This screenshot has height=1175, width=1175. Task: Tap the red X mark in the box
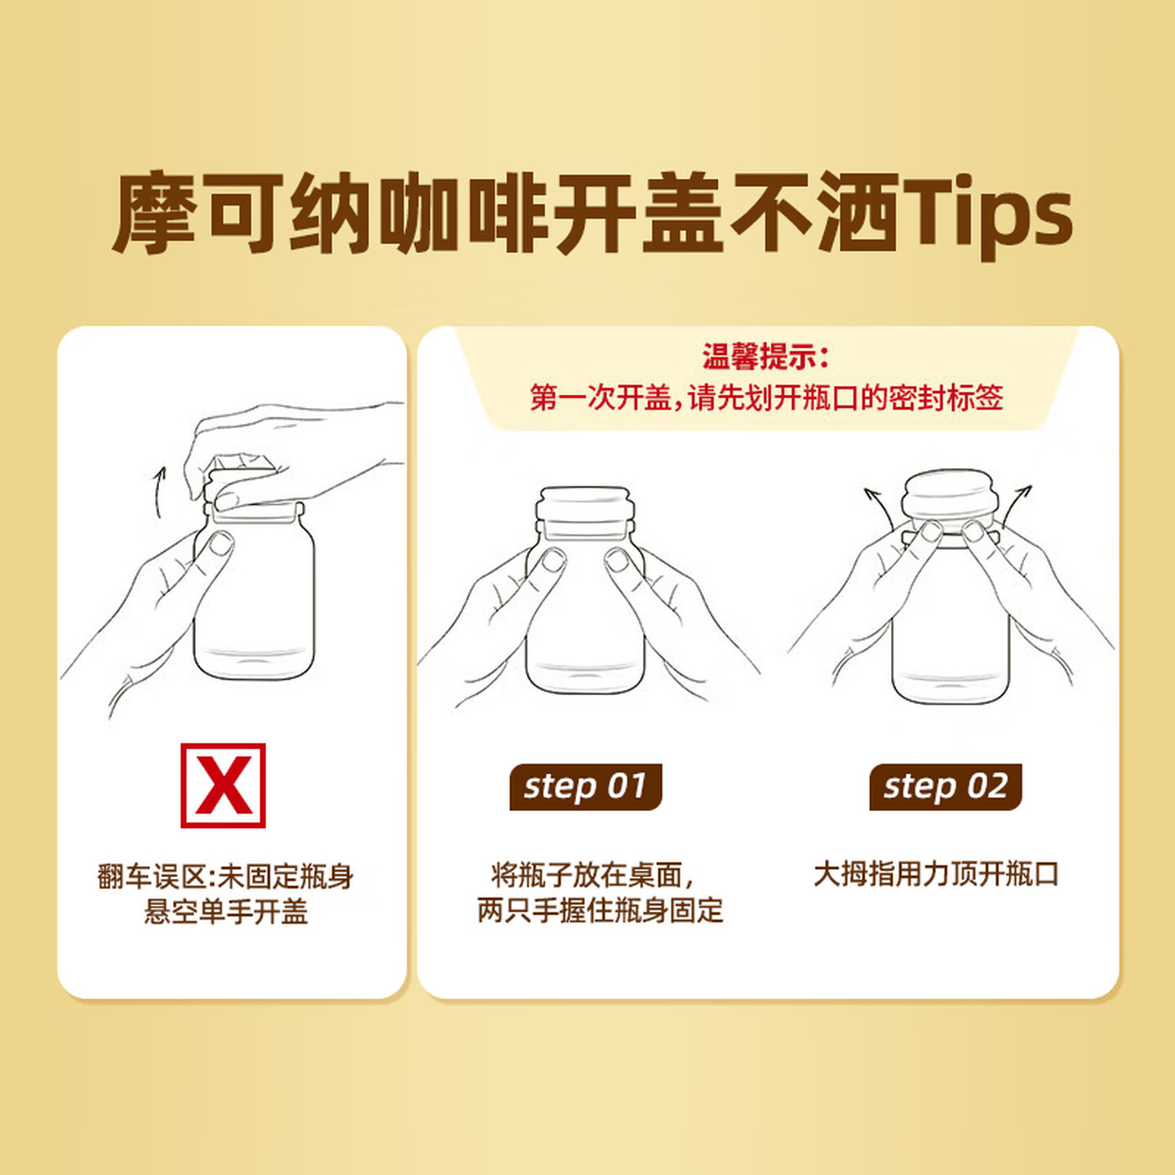click(224, 786)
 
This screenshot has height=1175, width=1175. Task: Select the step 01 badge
click(585, 787)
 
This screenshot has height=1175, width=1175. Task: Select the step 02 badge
click(946, 787)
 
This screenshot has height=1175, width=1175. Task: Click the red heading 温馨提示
click(765, 357)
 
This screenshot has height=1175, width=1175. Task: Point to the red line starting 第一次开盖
click(766, 397)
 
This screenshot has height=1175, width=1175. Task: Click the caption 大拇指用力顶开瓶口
click(937, 874)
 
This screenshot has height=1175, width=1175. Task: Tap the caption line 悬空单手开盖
click(226, 912)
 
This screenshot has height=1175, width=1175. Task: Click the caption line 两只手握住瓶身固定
click(600, 911)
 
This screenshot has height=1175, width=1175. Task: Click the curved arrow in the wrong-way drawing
click(160, 491)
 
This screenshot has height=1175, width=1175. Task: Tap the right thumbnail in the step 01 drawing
click(617, 560)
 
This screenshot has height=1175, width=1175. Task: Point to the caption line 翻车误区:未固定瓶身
click(225, 877)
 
